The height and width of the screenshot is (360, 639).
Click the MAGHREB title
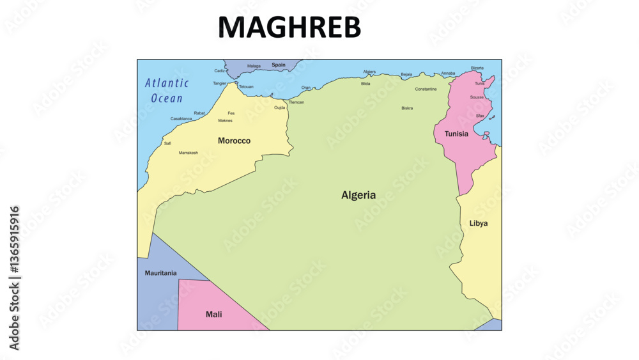pyautogui.click(x=289, y=27)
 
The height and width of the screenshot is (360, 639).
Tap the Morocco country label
pyautogui.click(x=234, y=141)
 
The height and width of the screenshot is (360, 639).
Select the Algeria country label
pyautogui.click(x=358, y=195)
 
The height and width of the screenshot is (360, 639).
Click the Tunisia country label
pyautogui.click(x=456, y=134)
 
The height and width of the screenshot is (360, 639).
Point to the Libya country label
pyautogui.click(x=479, y=223)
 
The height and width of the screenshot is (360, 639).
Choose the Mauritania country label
pyautogui.click(x=160, y=273)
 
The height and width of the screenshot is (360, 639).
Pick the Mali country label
pyautogui.click(x=213, y=314)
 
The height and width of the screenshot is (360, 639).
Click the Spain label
pyautogui.click(x=279, y=65)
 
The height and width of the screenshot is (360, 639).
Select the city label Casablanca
pyautogui.click(x=181, y=118)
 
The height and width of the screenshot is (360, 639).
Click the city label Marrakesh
pyautogui.click(x=188, y=153)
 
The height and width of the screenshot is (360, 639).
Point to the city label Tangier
pyautogui.click(x=219, y=83)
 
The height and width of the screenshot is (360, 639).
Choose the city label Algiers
pyautogui.click(x=369, y=72)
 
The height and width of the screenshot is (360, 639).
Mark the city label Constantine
pyautogui.click(x=426, y=89)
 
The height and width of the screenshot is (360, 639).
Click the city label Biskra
pyautogui.click(x=407, y=108)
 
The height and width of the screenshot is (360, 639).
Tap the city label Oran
pyautogui.click(x=306, y=88)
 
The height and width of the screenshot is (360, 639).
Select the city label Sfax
pyautogui.click(x=479, y=115)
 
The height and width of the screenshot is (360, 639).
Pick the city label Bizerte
pyautogui.click(x=477, y=68)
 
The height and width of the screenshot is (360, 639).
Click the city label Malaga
pyautogui.click(x=254, y=66)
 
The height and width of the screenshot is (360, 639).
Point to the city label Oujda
pyautogui.click(x=279, y=107)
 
